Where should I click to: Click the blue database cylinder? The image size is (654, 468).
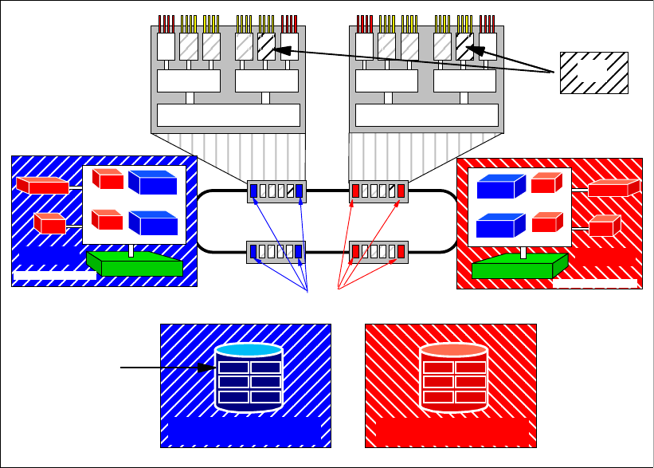coord(249,380)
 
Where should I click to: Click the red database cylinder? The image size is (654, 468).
coord(454,380)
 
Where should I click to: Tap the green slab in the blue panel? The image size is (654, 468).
coord(134,263)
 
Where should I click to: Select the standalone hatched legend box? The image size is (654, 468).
coord(593,73)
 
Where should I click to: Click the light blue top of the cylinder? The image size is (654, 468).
coord(249,350)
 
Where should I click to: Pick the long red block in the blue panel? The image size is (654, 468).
coord(42,186)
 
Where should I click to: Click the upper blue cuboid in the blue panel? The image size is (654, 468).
coord(152,183)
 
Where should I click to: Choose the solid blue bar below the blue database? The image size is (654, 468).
coord(245,431)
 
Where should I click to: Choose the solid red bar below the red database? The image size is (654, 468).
coord(451,431)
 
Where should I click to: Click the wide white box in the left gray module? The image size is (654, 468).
coord(229,115)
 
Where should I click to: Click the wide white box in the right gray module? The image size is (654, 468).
coord(426,115)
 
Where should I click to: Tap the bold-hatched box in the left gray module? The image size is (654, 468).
coord(266,46)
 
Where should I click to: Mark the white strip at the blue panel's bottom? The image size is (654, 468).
coord(55,276)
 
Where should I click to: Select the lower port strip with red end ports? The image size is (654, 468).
coord(379,252)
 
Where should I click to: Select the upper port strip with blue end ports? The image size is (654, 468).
coord(276,191)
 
